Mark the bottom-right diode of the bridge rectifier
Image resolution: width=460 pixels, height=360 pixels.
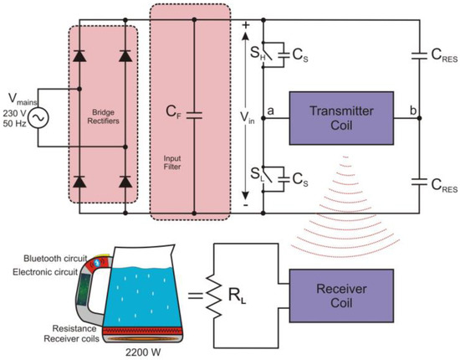(x=125, y=181)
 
